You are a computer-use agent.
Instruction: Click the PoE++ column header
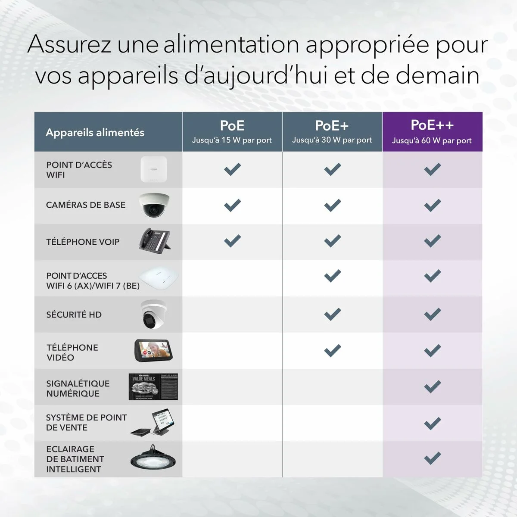click(x=432, y=125)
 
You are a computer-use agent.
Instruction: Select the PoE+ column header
click(x=332, y=126)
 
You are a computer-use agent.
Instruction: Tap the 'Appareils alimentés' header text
click(x=95, y=133)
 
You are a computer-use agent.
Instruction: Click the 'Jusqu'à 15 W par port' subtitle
click(x=232, y=140)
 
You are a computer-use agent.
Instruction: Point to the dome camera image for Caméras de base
click(x=154, y=205)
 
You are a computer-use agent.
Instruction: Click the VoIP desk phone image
click(x=155, y=240)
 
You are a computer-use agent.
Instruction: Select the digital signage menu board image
click(x=153, y=386)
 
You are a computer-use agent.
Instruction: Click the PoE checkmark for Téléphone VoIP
click(x=232, y=240)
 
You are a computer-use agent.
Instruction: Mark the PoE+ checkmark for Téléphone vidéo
click(x=332, y=350)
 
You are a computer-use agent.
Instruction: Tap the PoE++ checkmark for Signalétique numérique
click(x=432, y=386)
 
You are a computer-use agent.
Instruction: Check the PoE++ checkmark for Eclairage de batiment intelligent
click(x=432, y=458)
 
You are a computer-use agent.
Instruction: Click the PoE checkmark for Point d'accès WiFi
click(x=232, y=169)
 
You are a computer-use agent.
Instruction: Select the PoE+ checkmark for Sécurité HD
click(x=332, y=314)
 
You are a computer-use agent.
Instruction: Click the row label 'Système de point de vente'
click(x=86, y=423)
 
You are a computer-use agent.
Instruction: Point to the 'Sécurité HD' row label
click(x=74, y=315)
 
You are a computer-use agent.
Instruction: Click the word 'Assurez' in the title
click(x=69, y=44)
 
